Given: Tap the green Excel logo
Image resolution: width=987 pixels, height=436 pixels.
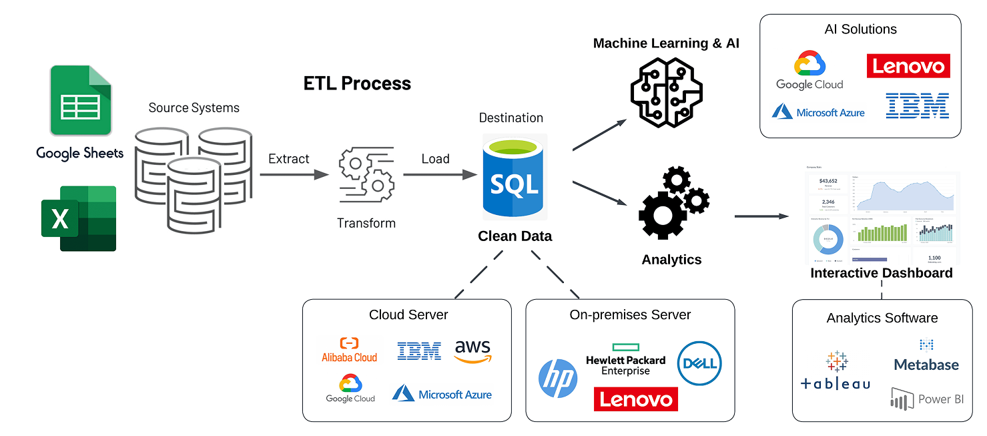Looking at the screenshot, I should [x=79, y=218].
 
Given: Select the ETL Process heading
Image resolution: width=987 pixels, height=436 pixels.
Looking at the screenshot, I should [x=357, y=83].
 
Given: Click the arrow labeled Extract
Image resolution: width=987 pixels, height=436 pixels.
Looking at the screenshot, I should [x=294, y=175].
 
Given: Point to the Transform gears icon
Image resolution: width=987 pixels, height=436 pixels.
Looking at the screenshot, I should [x=366, y=175].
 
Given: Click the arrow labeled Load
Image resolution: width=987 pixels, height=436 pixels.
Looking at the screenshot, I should [x=439, y=175].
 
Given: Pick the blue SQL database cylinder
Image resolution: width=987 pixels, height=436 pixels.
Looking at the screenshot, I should [x=514, y=177].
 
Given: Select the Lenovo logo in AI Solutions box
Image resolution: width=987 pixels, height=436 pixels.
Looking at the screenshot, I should [x=908, y=66].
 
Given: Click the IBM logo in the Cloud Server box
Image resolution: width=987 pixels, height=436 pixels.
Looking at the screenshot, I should [x=419, y=351].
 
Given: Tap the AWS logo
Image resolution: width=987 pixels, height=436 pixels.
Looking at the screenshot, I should [x=472, y=351].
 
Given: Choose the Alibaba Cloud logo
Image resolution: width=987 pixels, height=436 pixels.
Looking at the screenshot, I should [x=349, y=351].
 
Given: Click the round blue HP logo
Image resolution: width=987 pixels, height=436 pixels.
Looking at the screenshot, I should [x=558, y=379].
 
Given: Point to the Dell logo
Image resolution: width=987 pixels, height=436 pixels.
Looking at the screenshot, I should [x=699, y=363].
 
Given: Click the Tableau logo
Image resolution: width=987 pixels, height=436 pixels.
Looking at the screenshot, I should [x=836, y=371].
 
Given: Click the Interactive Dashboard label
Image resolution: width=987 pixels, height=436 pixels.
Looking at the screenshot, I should [x=881, y=273].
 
